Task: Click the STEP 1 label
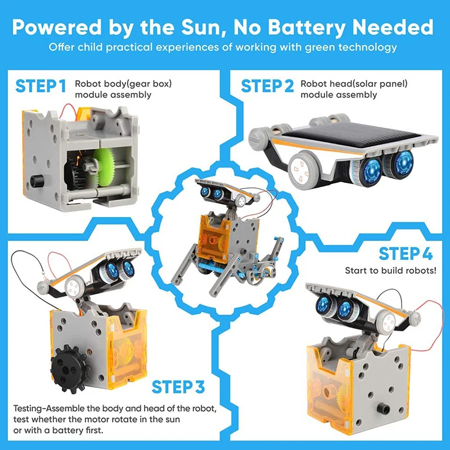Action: click(41, 87)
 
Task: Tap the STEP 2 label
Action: click(267, 87)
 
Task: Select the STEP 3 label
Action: click(178, 388)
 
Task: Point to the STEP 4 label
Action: click(405, 254)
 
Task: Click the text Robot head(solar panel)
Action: click(353, 84)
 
